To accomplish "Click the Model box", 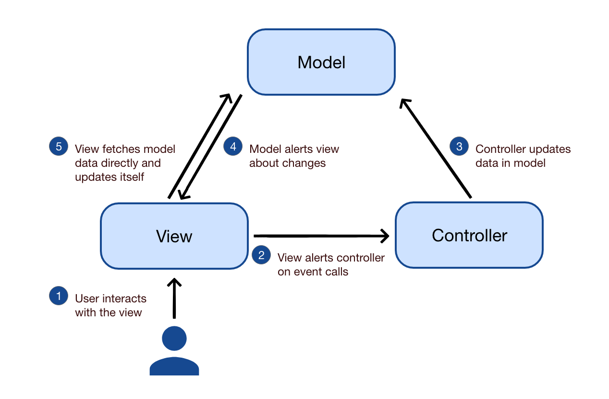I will [x=321, y=62].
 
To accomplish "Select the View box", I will [x=174, y=236].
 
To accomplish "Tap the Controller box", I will [x=469, y=235].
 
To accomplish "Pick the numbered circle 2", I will [x=261, y=255].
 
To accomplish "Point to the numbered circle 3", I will [x=459, y=146].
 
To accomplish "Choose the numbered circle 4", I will [x=233, y=146].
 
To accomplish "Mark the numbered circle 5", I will [x=59, y=146].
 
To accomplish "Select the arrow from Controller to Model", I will [x=436, y=148].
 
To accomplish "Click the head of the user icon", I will [x=174, y=338].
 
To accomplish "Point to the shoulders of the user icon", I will [x=174, y=366].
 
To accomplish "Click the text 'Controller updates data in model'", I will [x=523, y=156].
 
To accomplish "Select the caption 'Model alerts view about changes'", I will [x=294, y=156].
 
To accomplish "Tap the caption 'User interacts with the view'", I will [x=110, y=306].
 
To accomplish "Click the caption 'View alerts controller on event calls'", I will [x=331, y=265].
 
